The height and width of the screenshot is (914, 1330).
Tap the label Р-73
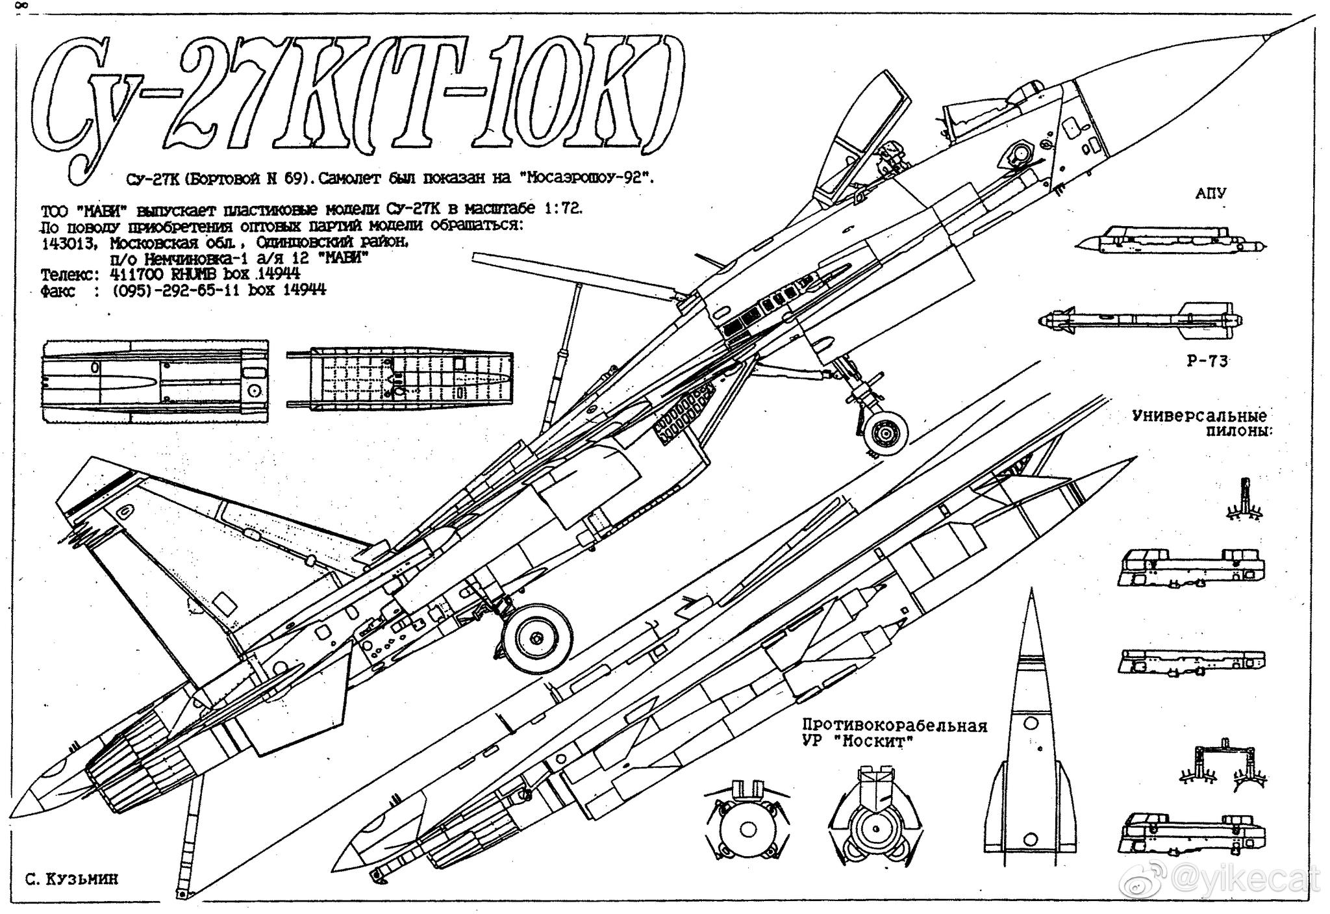click(x=1207, y=362)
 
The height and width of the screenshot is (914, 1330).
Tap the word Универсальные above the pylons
click(x=1199, y=416)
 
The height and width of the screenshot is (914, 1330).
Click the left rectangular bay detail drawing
click(x=155, y=381)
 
